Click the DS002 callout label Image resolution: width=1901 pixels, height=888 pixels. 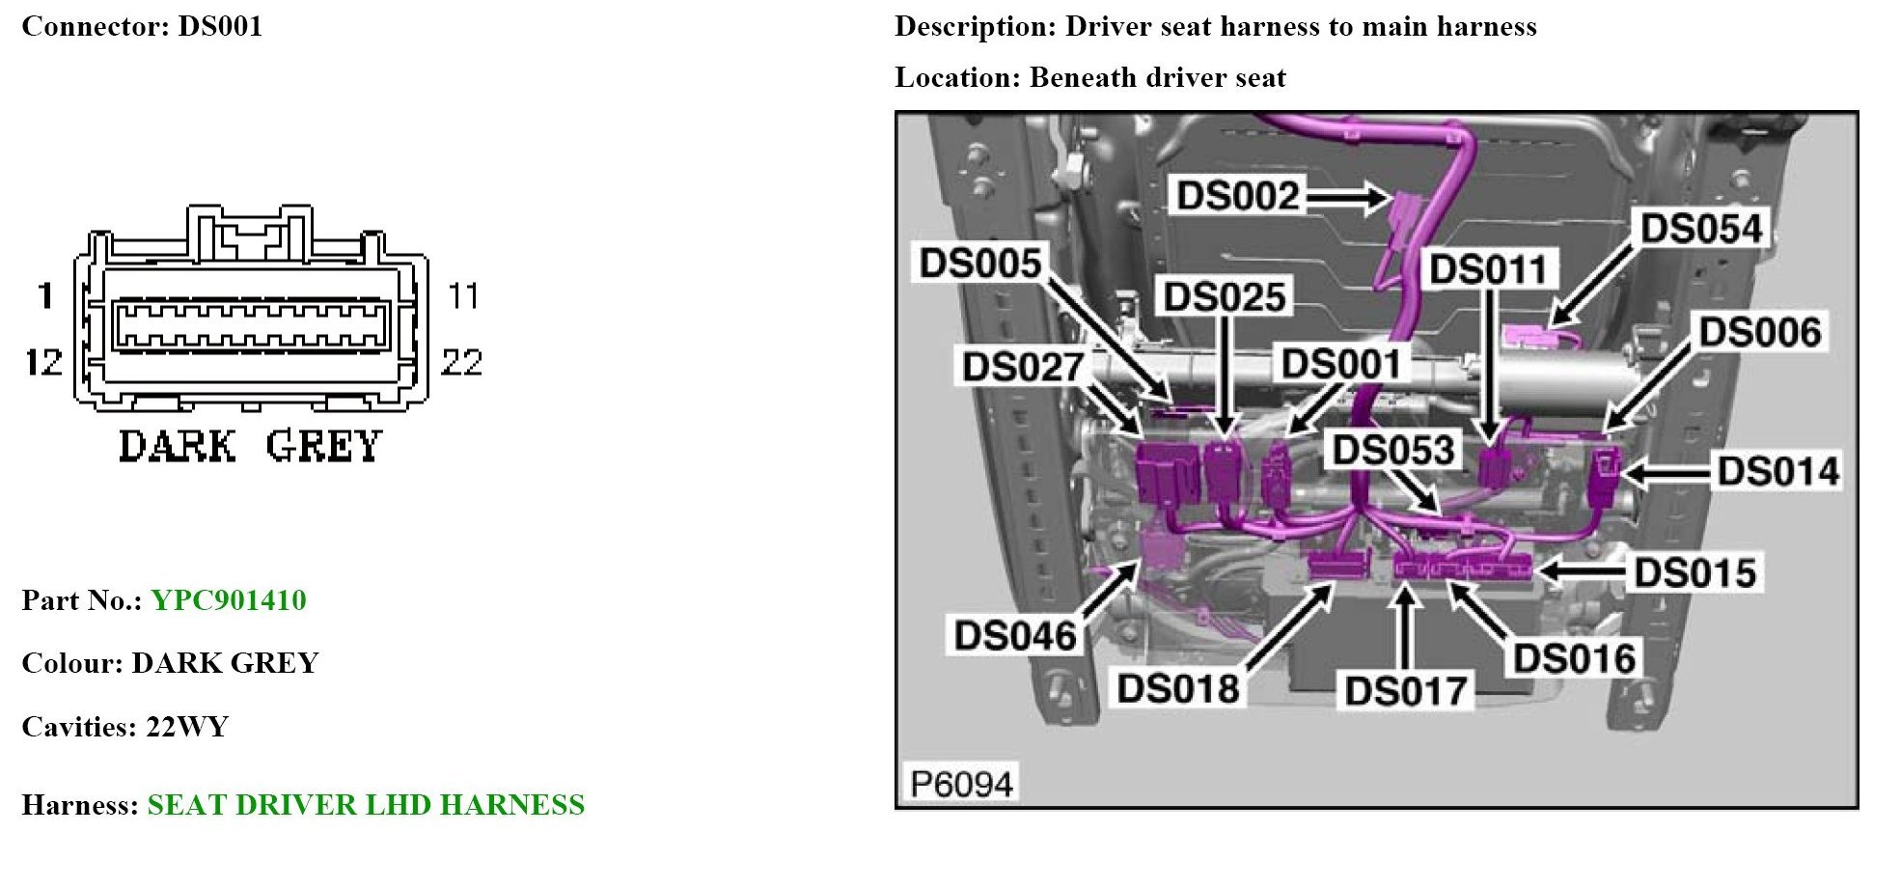pos(1238,196)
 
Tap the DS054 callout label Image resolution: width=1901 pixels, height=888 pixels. pos(1702,230)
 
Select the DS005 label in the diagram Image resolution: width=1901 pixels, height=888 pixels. pos(980,264)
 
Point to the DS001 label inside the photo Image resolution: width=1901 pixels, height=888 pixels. pos(1341,365)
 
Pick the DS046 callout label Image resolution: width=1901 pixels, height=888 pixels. pos(1015,636)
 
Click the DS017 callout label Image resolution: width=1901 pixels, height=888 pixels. pos(1406,691)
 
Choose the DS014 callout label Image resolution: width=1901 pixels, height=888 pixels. pos(1778,472)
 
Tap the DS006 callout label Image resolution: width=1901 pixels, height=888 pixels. pos(1760,332)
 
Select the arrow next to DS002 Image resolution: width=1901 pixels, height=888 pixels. pos(1347,199)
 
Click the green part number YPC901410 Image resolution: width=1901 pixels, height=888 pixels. pos(229,600)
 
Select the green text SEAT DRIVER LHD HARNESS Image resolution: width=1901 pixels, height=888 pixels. pos(366,805)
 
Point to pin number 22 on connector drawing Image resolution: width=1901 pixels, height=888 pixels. pos(461,363)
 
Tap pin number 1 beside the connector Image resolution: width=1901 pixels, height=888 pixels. pos(45,295)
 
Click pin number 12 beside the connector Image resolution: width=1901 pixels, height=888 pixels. pos(43,363)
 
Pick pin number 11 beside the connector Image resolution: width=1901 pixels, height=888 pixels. pos(463,295)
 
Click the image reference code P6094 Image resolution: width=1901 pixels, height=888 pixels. pos(961,784)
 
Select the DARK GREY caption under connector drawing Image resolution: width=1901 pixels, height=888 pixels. pos(250,447)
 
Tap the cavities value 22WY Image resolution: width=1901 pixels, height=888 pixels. pos(187,727)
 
